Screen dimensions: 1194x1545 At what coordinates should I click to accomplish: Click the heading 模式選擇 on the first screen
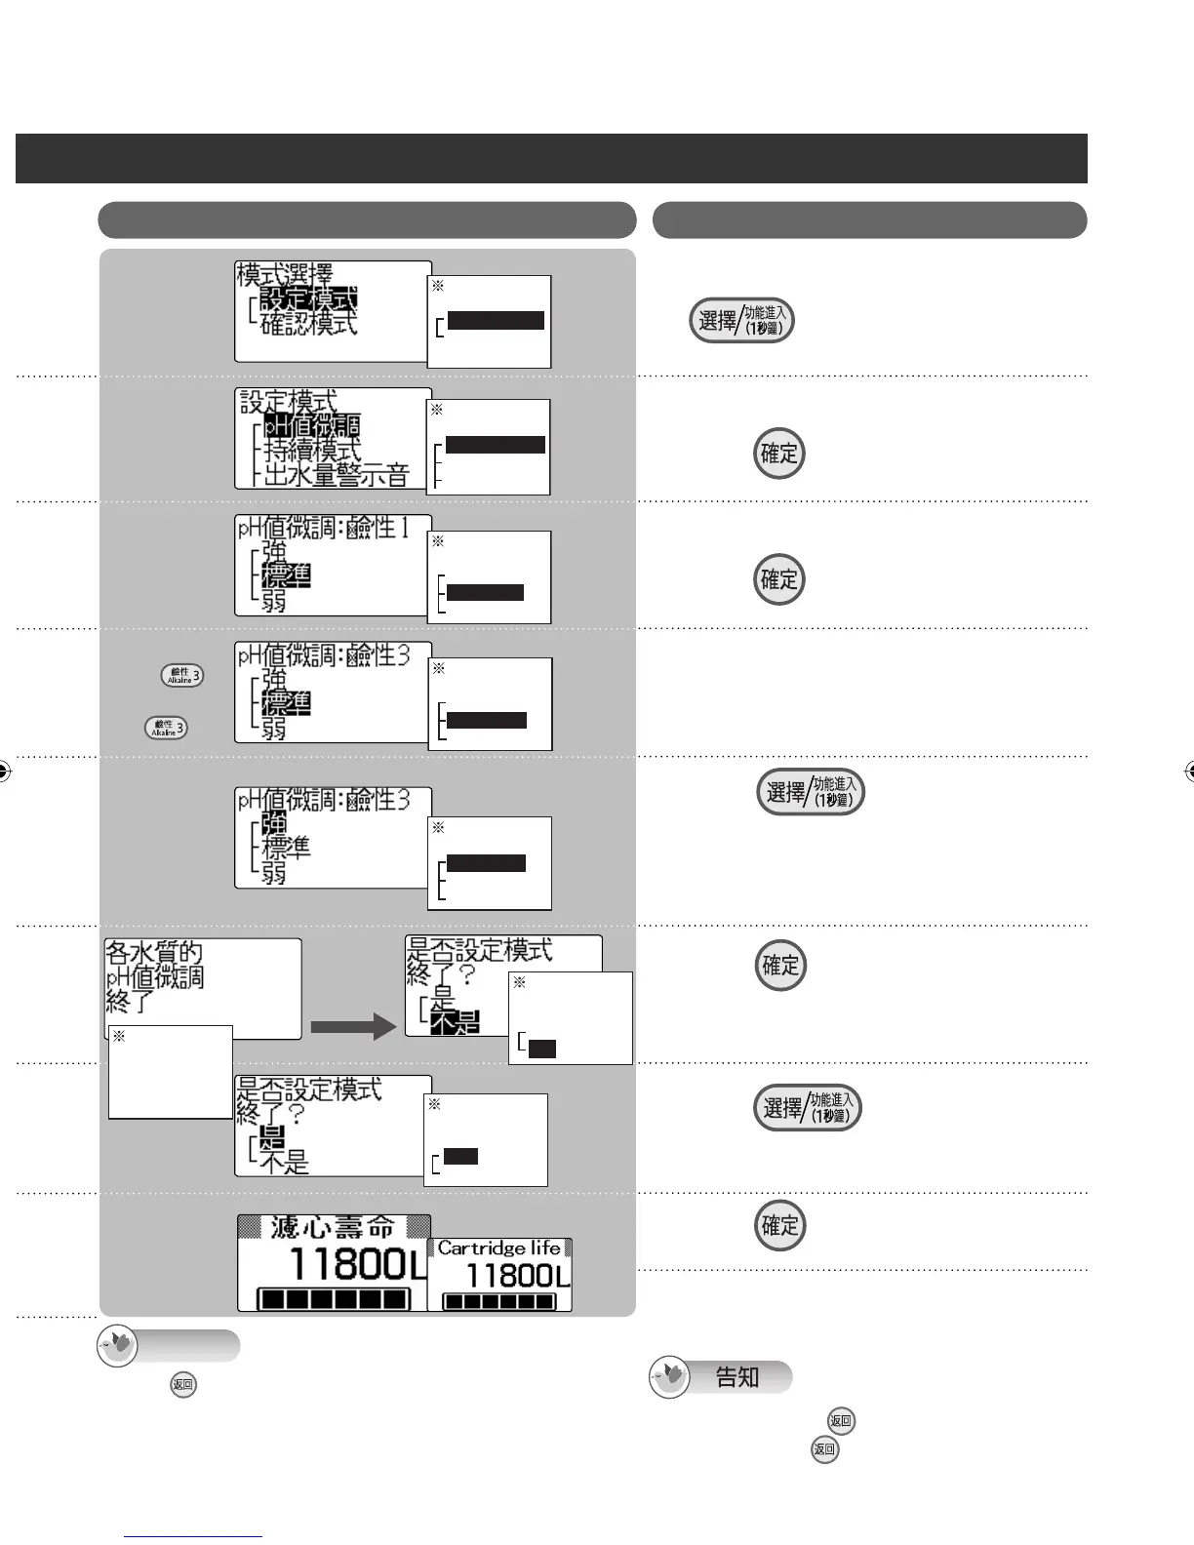[x=285, y=274]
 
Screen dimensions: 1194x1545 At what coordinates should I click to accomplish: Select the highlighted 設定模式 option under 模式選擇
[x=308, y=298]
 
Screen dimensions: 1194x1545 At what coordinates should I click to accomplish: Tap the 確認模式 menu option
[x=308, y=323]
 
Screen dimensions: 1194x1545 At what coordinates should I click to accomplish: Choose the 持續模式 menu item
[x=298, y=451]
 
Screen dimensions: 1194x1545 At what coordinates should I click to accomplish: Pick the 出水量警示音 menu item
[x=337, y=476]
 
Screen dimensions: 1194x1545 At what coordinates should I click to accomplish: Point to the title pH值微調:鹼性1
[x=323, y=529]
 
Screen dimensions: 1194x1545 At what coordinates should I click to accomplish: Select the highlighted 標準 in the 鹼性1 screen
[x=286, y=575]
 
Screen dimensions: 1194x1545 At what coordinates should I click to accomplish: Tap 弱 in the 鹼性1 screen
[x=274, y=600]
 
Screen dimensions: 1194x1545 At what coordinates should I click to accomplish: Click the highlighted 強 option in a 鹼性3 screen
[x=274, y=824]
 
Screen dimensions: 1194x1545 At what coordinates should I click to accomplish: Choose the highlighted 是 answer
[x=272, y=1136]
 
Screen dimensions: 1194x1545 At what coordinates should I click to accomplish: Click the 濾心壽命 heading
[x=333, y=1226]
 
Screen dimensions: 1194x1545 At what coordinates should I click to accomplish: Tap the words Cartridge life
[x=498, y=1248]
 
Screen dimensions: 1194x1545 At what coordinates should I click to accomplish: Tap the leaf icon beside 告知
[x=670, y=1377]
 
